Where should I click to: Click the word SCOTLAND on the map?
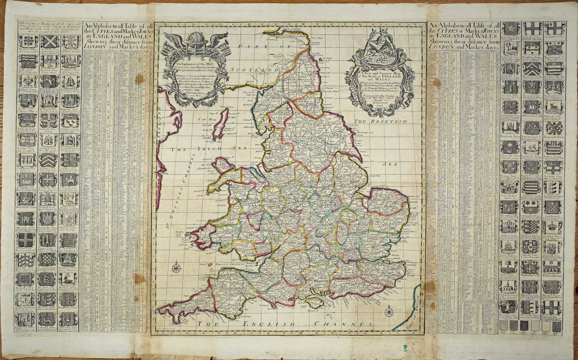coord(250,70)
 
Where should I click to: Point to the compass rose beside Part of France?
coord(390,312)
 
